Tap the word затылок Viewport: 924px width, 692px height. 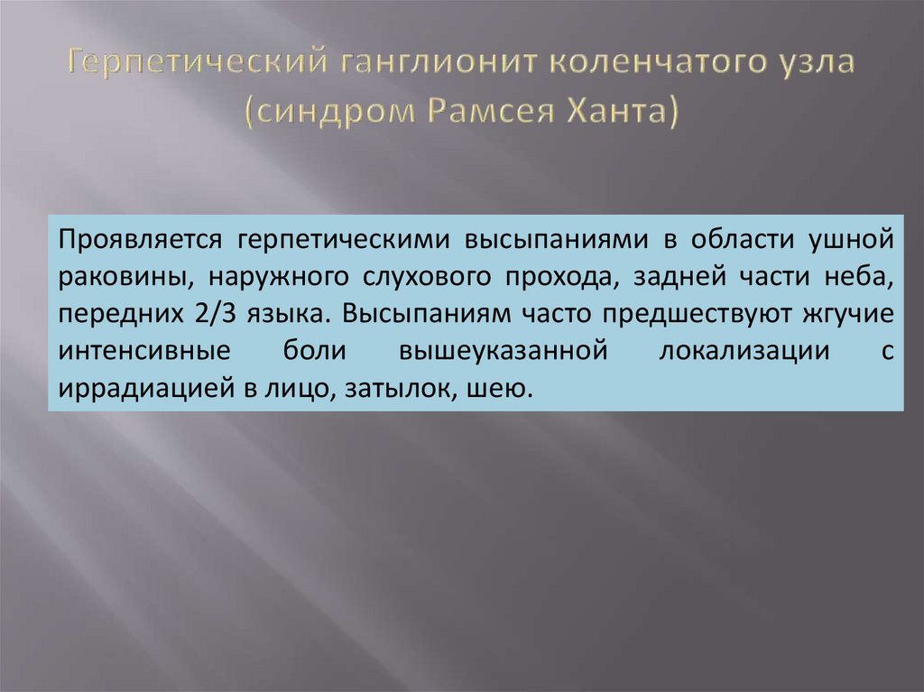click(x=403, y=389)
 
